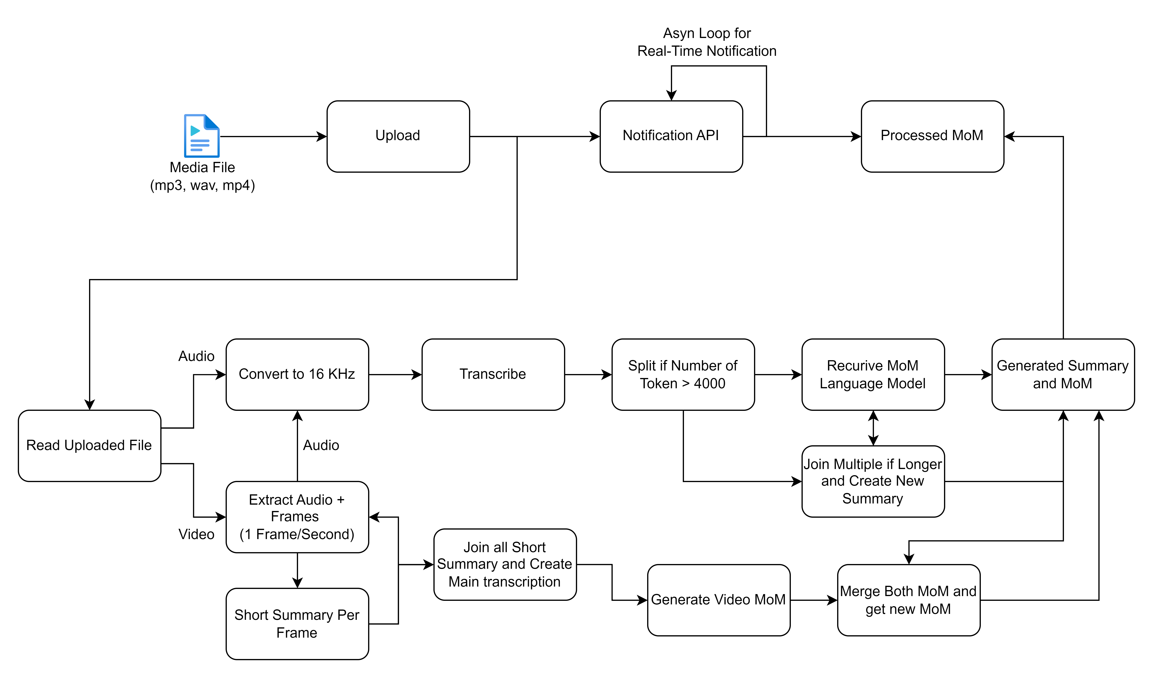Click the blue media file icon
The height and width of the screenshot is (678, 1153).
click(202, 136)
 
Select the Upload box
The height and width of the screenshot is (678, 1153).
click(398, 136)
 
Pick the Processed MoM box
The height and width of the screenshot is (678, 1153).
click(932, 136)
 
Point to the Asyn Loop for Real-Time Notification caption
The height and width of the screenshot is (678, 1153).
click(707, 42)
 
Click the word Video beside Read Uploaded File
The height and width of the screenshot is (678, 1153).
click(196, 534)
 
